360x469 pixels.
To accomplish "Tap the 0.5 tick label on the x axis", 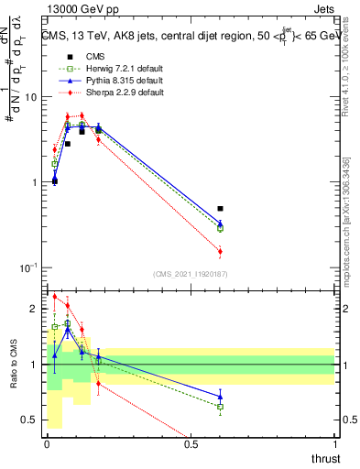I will pyautogui.click(x=191, y=444).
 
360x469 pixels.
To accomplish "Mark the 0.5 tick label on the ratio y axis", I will pyautogui.click(x=30, y=420).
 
